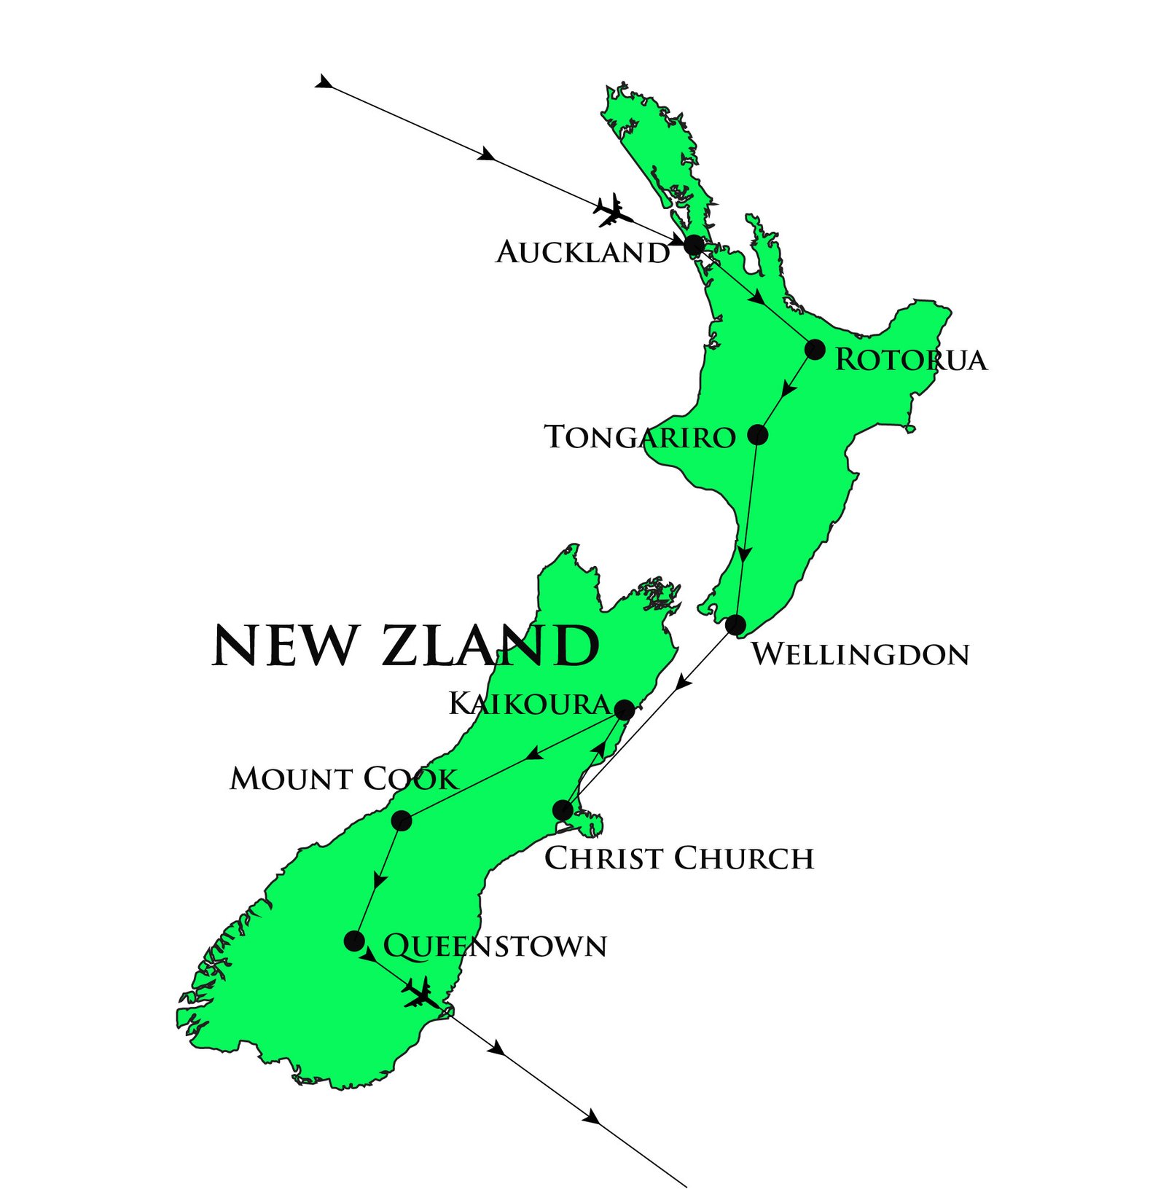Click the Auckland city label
[582, 253]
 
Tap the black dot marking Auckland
[694, 245]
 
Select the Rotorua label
[910, 360]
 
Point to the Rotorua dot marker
[815, 350]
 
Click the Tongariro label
[640, 437]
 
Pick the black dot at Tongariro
[758, 435]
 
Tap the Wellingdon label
[860, 654]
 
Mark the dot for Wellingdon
[735, 624]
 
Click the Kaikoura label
[529, 704]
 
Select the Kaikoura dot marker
[625, 710]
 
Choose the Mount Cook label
[343, 779]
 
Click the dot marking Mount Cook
[402, 821]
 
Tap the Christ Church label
[678, 858]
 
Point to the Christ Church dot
[563, 810]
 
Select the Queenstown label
[495, 946]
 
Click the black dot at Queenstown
[354, 941]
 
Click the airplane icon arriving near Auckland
[612, 211]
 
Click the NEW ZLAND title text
[404, 646]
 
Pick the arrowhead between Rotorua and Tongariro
[788, 389]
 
